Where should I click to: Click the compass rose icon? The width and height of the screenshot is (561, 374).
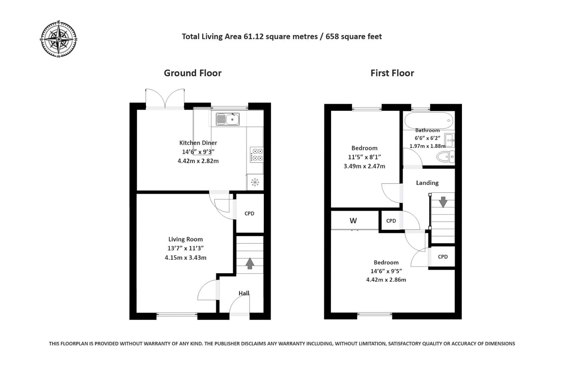(x=59, y=39)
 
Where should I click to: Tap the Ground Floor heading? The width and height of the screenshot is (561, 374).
(x=193, y=73)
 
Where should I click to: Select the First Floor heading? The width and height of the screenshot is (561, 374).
(x=392, y=73)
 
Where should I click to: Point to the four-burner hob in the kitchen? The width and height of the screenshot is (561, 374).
(x=257, y=155)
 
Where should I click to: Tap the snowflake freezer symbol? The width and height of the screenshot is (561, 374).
(x=255, y=182)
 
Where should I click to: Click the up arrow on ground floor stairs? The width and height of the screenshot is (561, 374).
(x=250, y=263)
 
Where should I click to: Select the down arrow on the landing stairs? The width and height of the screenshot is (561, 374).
(x=443, y=202)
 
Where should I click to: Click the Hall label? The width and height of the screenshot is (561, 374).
(x=244, y=293)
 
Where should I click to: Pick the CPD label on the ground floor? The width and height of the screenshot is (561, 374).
(x=249, y=213)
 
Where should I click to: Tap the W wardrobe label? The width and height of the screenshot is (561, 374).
(x=353, y=221)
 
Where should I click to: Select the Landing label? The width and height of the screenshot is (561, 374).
(x=427, y=183)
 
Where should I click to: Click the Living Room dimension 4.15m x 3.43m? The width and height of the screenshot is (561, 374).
(x=186, y=258)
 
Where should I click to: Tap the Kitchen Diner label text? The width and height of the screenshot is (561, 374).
(x=198, y=143)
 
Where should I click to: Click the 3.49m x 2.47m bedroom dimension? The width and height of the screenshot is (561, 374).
(x=364, y=166)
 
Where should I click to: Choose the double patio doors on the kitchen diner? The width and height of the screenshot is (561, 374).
(x=165, y=99)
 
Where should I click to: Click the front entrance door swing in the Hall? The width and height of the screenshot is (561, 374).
(x=239, y=305)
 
